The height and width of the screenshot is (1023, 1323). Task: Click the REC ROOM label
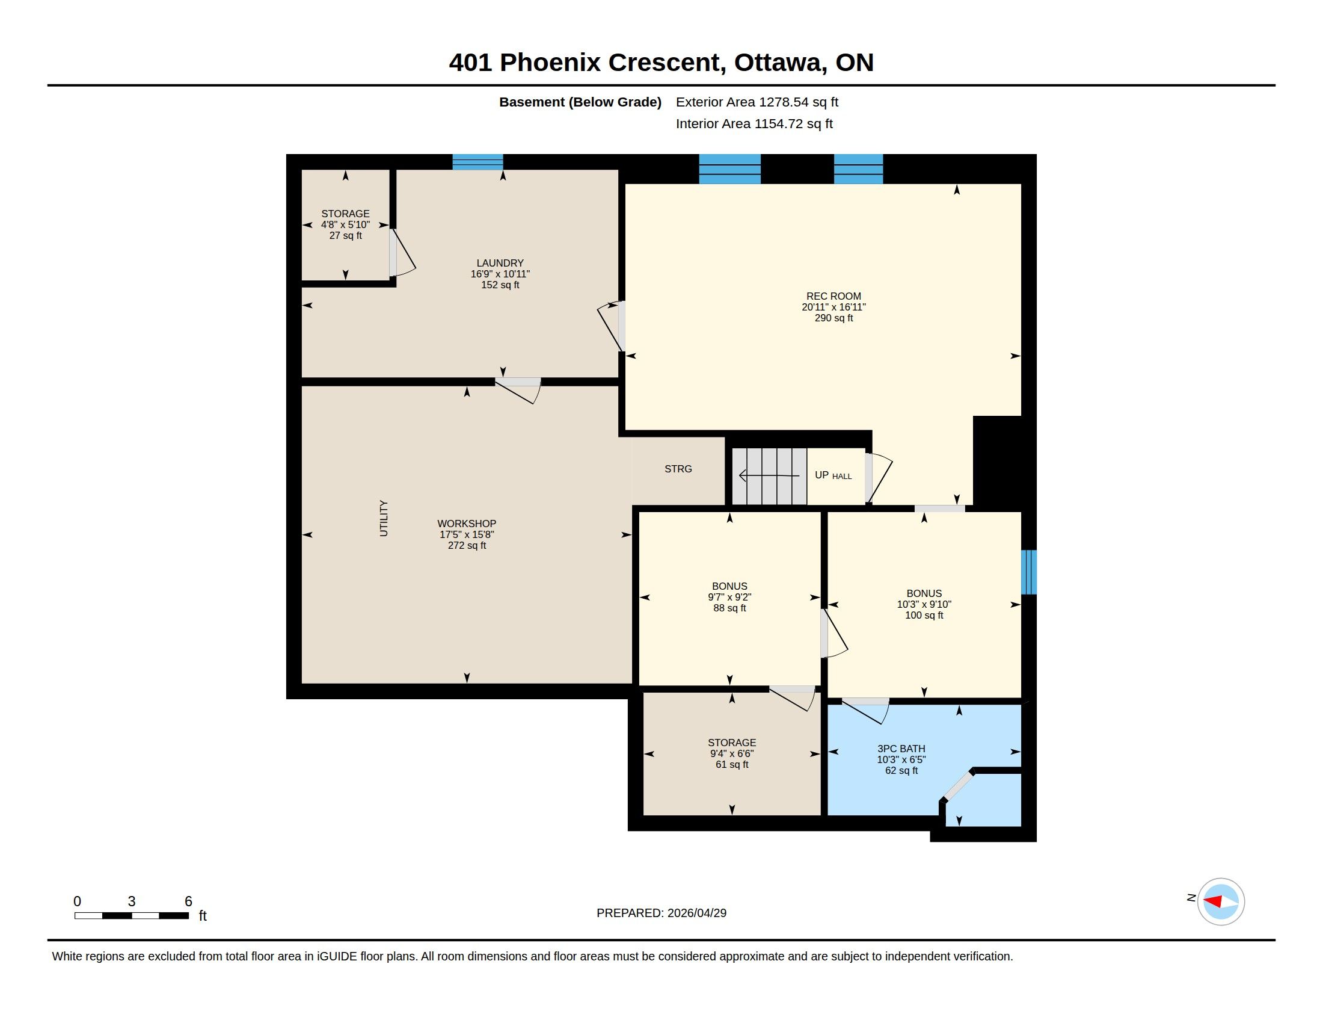click(x=833, y=296)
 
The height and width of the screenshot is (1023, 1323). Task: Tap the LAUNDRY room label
click(x=500, y=263)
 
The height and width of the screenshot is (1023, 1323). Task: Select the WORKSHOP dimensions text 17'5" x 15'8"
click(x=467, y=534)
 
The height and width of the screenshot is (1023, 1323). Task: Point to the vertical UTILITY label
click(x=384, y=518)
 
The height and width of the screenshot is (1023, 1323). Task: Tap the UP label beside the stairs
click(x=821, y=475)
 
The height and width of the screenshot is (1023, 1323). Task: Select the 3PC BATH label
click(x=901, y=749)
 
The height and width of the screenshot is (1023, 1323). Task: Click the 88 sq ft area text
click(x=729, y=608)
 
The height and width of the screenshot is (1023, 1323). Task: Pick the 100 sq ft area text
click(x=924, y=615)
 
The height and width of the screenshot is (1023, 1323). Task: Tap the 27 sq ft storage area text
click(x=345, y=236)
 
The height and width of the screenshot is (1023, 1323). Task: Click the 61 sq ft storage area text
click(x=732, y=765)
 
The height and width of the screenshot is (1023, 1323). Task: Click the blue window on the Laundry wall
click(x=478, y=162)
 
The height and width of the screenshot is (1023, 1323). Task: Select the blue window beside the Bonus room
click(x=1028, y=572)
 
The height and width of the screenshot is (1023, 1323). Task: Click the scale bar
click(x=132, y=916)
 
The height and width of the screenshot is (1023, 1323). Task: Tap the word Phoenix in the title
click(x=550, y=63)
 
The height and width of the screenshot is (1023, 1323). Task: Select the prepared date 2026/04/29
click(x=696, y=913)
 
